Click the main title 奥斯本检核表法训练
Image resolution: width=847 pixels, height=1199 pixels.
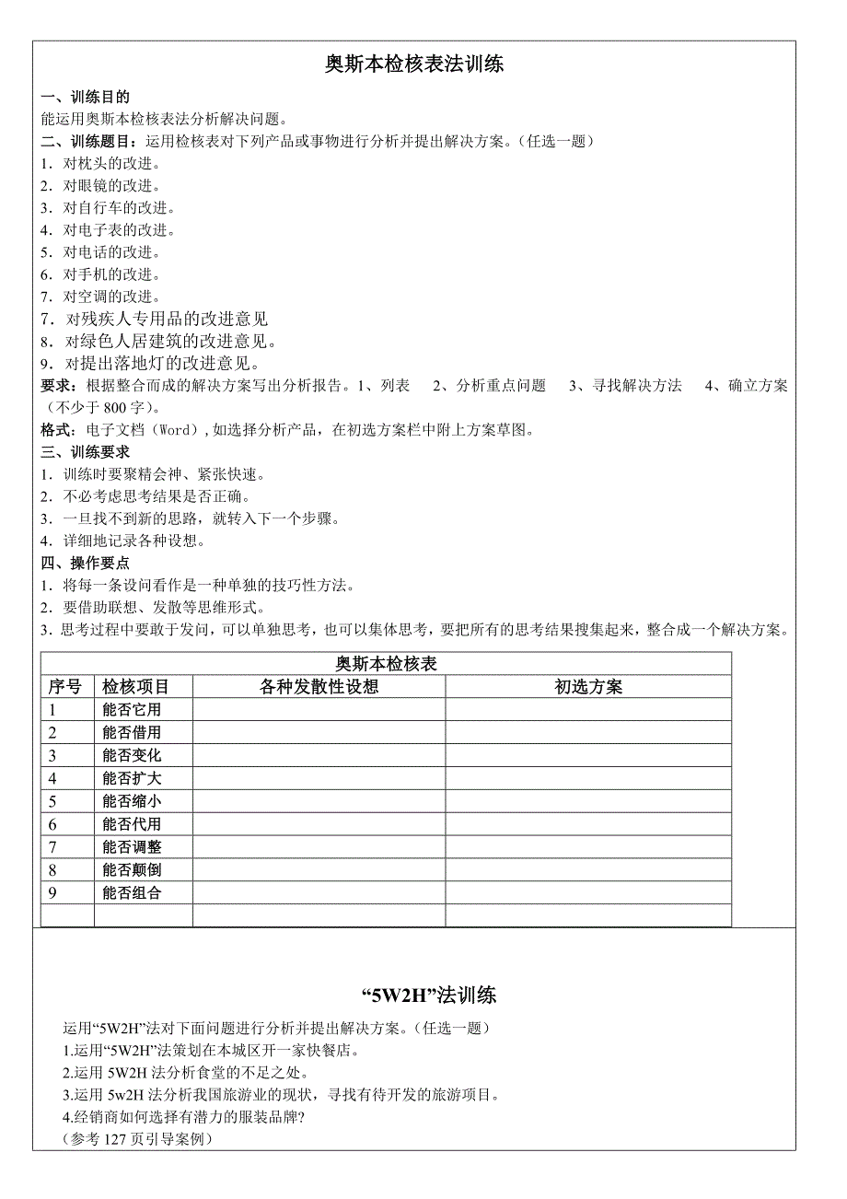pyautogui.click(x=414, y=64)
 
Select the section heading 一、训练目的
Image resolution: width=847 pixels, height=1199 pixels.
pyautogui.click(x=86, y=97)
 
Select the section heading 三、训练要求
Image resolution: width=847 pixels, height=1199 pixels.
pyautogui.click(x=86, y=452)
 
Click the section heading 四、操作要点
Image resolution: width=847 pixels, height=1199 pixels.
pyautogui.click(x=86, y=563)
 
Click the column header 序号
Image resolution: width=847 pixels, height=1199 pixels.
pyautogui.click(x=64, y=687)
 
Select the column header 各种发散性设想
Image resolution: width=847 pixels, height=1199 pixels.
pyautogui.click(x=319, y=687)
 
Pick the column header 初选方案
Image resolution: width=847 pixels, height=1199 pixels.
pyautogui.click(x=588, y=687)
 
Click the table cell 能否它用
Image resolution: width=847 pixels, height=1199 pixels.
pyautogui.click(x=132, y=710)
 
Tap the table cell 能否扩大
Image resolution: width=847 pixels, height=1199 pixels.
pyautogui.click(x=132, y=779)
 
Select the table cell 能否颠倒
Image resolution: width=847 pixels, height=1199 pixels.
pyautogui.click(x=132, y=870)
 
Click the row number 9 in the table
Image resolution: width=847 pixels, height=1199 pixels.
pyautogui.click(x=53, y=893)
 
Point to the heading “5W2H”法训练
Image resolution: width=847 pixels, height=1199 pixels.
pyautogui.click(x=427, y=995)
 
